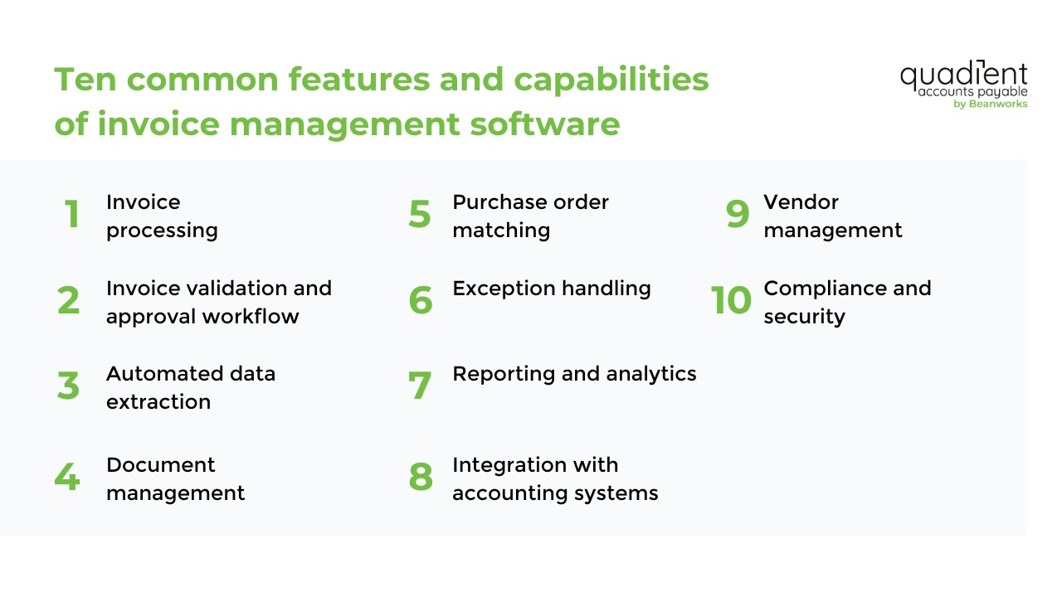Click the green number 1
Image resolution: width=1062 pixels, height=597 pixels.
point(72,215)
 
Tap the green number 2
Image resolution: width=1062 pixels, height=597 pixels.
point(69,300)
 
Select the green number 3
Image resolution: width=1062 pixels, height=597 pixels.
point(69,386)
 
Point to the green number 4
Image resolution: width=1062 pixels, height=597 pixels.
point(67,478)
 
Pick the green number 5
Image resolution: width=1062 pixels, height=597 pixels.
point(420,215)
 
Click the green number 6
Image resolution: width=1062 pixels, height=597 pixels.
point(421,300)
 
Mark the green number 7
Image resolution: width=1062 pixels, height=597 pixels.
point(421,386)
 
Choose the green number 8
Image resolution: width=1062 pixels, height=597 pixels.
point(421,478)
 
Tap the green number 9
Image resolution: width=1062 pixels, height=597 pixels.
point(738,215)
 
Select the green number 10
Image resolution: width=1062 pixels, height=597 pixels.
point(731,300)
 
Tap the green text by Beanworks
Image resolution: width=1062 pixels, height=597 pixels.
point(991,104)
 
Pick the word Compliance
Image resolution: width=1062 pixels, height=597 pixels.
point(818,289)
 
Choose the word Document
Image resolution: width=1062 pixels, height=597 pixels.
point(160,464)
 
